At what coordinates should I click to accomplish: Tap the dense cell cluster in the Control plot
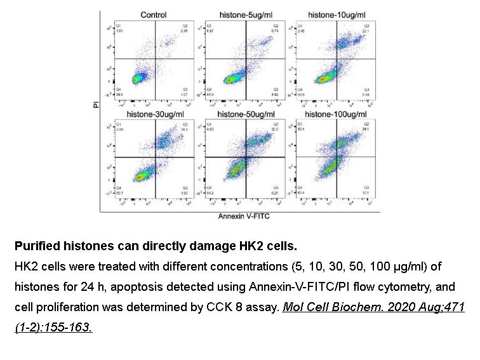coord(136,79)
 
